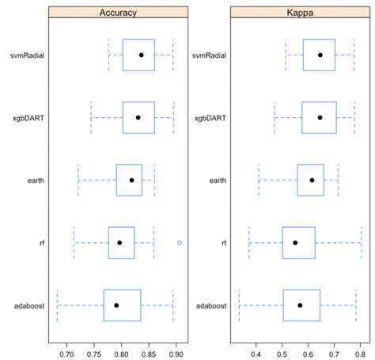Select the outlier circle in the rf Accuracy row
[x=180, y=242]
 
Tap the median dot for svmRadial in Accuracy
[x=141, y=55]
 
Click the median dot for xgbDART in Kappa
[x=320, y=117]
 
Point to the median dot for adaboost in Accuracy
[x=116, y=305]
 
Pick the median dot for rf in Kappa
[x=295, y=242]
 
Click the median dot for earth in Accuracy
[x=131, y=180]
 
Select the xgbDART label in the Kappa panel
[x=209, y=117]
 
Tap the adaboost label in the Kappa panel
[x=209, y=305]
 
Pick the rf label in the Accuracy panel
[x=40, y=242]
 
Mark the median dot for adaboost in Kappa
[x=300, y=305]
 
